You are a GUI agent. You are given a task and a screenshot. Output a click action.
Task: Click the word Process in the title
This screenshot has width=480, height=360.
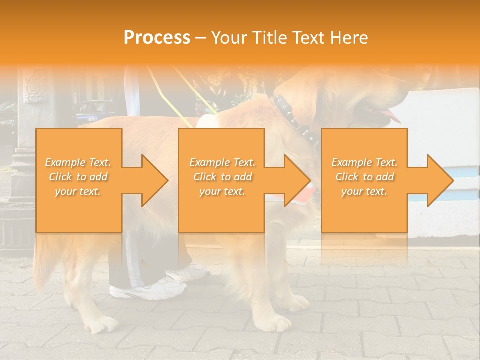157,37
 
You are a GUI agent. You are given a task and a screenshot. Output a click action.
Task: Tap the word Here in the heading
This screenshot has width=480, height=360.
348,38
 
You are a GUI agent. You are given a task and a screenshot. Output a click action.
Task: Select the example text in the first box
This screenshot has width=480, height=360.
78,177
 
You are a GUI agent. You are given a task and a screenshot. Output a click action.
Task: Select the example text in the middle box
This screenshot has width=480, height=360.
222,177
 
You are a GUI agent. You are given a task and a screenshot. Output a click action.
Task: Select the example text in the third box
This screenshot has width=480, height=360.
364,177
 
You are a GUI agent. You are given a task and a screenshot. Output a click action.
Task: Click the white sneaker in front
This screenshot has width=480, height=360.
145,290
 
